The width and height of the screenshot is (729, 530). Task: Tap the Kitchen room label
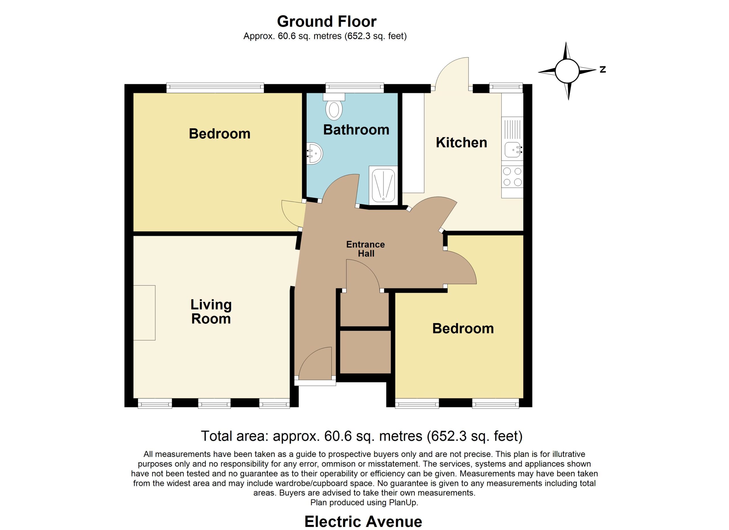pos(461,142)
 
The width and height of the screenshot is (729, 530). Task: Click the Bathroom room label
pos(356,130)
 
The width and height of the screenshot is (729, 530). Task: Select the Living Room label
pos(211,312)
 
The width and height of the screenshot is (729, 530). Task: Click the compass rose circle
pos(567,71)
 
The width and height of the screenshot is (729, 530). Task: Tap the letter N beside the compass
pos(603,69)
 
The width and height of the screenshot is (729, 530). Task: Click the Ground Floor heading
pos(327,22)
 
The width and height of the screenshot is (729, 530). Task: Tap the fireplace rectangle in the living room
pos(144,313)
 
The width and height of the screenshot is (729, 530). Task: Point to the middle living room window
pos(214,403)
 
